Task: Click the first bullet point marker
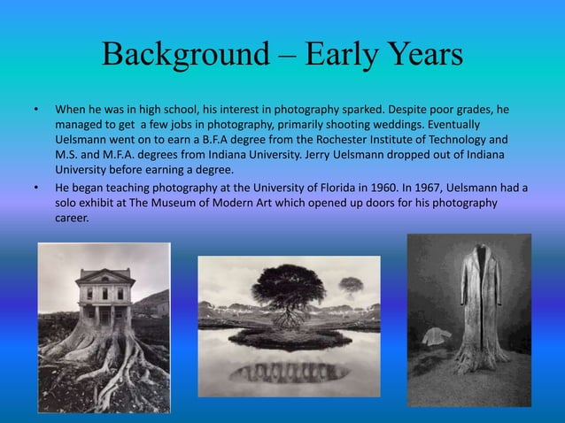[x=35, y=111]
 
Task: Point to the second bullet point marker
[x=35, y=188]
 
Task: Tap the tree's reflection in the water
[x=288, y=371]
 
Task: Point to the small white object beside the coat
[x=435, y=335]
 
